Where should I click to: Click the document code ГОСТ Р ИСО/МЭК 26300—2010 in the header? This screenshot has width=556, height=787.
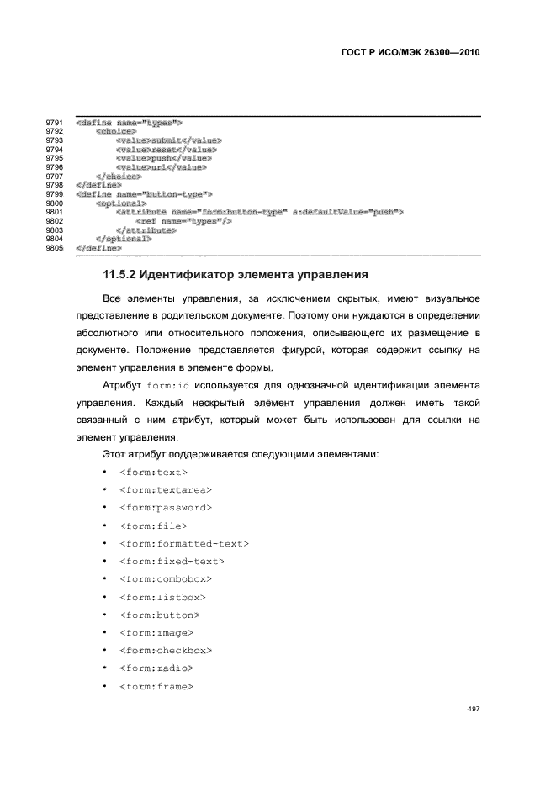(410, 52)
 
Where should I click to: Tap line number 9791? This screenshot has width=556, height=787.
(55, 123)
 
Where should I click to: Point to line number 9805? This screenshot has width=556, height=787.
(55, 248)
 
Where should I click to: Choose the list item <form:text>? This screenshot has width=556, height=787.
(154, 472)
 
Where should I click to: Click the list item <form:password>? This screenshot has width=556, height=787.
(166, 507)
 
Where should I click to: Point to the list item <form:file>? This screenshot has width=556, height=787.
(154, 526)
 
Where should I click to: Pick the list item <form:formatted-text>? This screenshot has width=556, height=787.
(184, 543)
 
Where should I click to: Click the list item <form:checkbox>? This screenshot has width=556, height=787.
(166, 651)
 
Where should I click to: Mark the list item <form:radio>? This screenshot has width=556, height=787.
(156, 668)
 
